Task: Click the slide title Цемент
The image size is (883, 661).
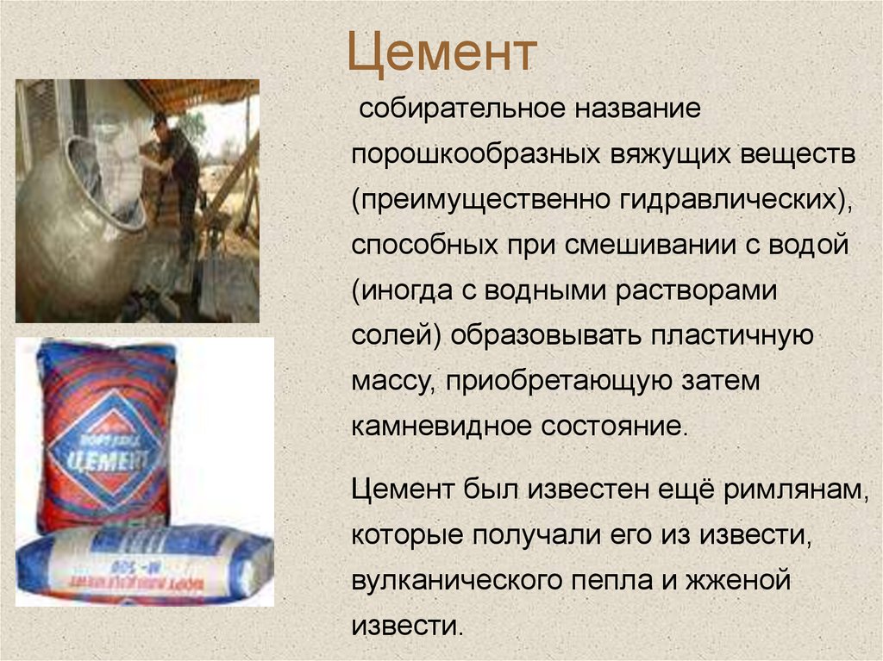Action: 441,53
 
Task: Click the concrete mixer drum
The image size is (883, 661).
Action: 78,224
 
